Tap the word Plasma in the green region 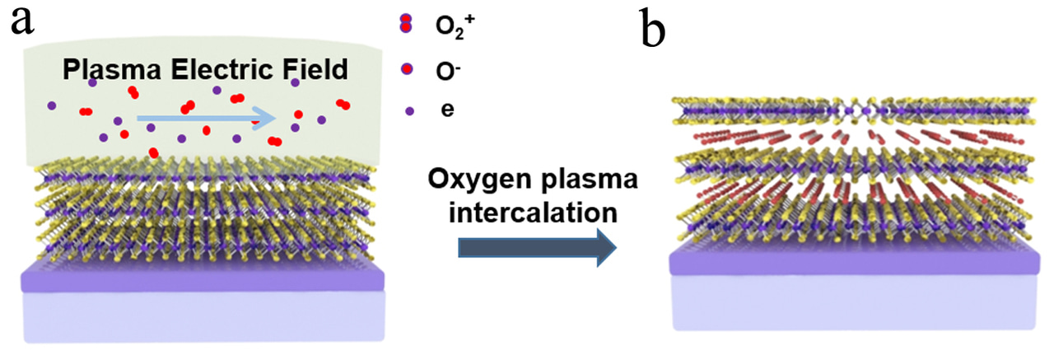click(x=104, y=70)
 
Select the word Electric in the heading click(x=213, y=70)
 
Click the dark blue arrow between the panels click(x=536, y=248)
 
